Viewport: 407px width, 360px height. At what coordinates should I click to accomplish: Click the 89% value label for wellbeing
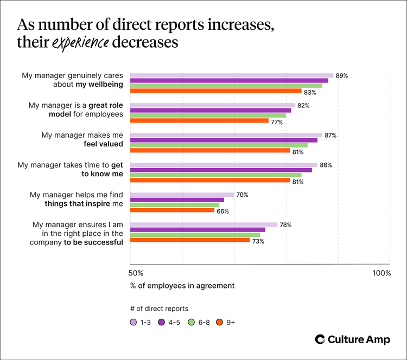pos(341,76)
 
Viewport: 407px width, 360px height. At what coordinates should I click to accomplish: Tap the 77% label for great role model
pos(277,123)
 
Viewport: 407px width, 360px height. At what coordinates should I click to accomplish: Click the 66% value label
pos(222,211)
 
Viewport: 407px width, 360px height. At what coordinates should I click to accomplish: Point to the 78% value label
pos(285,224)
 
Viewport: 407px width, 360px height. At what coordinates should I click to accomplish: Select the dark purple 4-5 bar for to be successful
pos(198,230)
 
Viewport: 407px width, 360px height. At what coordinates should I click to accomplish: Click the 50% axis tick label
pos(136,273)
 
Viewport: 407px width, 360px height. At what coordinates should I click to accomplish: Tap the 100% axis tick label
pos(381,273)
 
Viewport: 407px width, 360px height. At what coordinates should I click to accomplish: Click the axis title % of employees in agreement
pos(182,286)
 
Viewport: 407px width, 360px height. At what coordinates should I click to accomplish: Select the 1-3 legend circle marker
pos(133,322)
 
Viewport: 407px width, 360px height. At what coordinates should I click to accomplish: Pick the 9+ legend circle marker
pos(220,322)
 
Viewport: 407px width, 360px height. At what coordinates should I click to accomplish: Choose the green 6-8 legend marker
pos(191,322)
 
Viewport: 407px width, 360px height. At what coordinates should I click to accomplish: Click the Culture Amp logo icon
pos(320,339)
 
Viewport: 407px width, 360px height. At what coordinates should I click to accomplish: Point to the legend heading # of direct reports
pos(159,308)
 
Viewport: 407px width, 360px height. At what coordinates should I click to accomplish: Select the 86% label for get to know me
pos(326,165)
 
